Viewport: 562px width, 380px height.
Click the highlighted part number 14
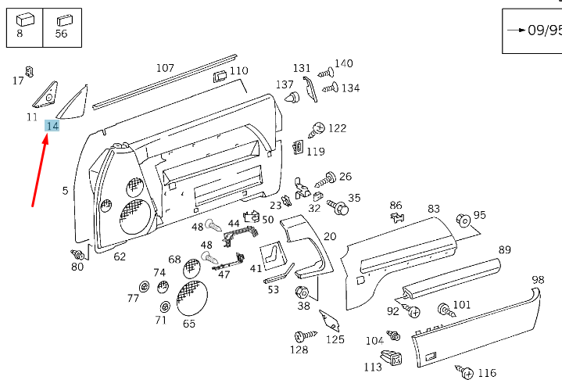pos(52,127)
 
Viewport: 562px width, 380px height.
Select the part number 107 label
pos(165,68)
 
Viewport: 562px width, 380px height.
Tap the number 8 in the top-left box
pos(20,34)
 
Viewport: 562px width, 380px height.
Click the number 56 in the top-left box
pos(61,34)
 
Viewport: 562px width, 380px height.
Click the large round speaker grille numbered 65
pos(192,298)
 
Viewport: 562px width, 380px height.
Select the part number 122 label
pos(337,128)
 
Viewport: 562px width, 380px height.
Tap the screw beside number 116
pos(467,371)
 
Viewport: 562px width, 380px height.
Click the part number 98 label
pos(538,280)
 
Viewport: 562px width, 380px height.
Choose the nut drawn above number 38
pos(303,293)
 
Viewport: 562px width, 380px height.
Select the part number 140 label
pos(344,63)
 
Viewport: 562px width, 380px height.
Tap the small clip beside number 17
pos(30,71)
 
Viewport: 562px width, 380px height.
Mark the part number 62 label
pos(120,256)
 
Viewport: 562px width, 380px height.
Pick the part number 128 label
pos(299,350)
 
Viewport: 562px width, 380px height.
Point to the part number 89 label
pos(505,250)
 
